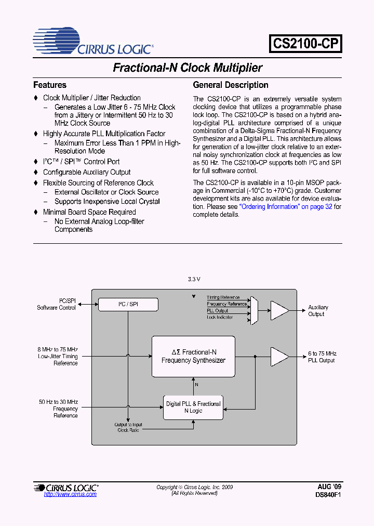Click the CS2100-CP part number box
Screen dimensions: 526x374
point(305,43)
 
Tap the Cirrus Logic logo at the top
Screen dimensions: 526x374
point(94,42)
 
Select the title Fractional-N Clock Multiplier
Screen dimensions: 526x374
point(188,68)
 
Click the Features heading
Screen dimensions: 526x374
point(50,85)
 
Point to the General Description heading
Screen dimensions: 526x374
point(231,85)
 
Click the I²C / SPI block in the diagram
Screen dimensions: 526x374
point(128,304)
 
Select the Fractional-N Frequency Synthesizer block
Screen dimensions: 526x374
point(193,356)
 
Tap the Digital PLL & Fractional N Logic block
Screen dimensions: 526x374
point(193,407)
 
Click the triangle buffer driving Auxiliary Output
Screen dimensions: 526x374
point(279,311)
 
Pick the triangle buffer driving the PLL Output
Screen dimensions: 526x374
point(279,357)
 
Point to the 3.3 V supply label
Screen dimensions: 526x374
point(194,279)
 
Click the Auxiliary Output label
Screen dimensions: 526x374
point(318,311)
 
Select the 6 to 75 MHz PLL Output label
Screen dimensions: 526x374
point(322,357)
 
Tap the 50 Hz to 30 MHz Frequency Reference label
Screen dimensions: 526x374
point(58,409)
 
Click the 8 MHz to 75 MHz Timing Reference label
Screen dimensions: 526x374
point(58,356)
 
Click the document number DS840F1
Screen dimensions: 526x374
point(328,495)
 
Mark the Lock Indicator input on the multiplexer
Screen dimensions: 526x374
point(219,317)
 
